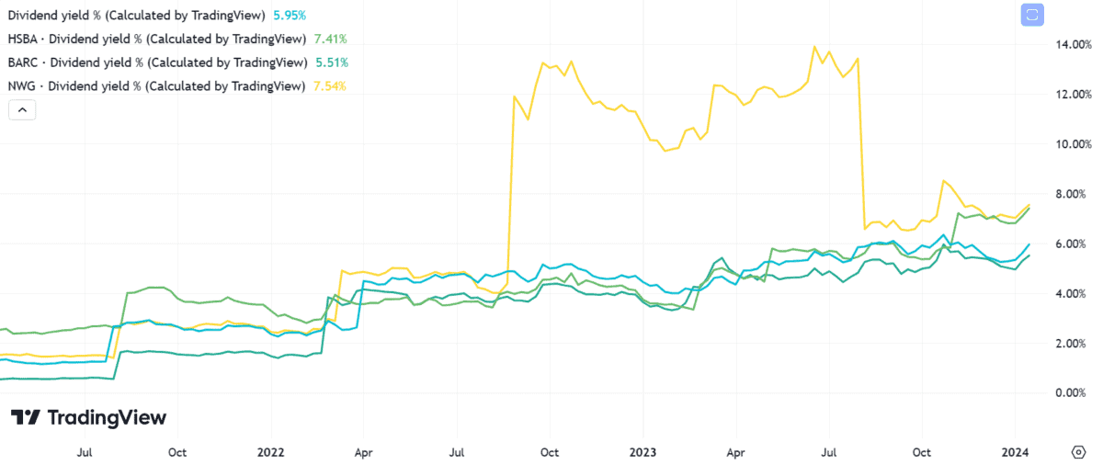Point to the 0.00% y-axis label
1075,392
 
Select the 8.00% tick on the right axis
1075,194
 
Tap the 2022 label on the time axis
271,452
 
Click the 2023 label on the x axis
642,452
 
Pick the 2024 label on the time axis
1015,452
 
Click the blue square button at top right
1032,16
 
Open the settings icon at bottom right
1079,451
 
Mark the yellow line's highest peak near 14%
814,47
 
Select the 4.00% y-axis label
1075,293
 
